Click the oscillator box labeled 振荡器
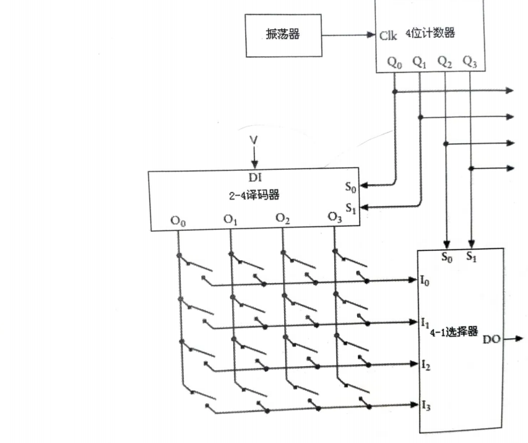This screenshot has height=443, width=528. [283, 35]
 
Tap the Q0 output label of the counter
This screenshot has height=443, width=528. [394, 63]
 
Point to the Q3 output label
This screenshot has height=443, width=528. [470, 62]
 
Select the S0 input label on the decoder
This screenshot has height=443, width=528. [350, 185]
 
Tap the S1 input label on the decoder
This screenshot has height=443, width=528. [350, 208]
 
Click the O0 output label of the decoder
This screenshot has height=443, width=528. [178, 221]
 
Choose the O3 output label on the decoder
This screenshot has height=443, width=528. [335, 217]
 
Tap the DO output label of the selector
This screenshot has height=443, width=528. [491, 339]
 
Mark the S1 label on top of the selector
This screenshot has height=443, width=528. [471, 255]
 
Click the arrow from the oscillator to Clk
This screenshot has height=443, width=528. [350, 35]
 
